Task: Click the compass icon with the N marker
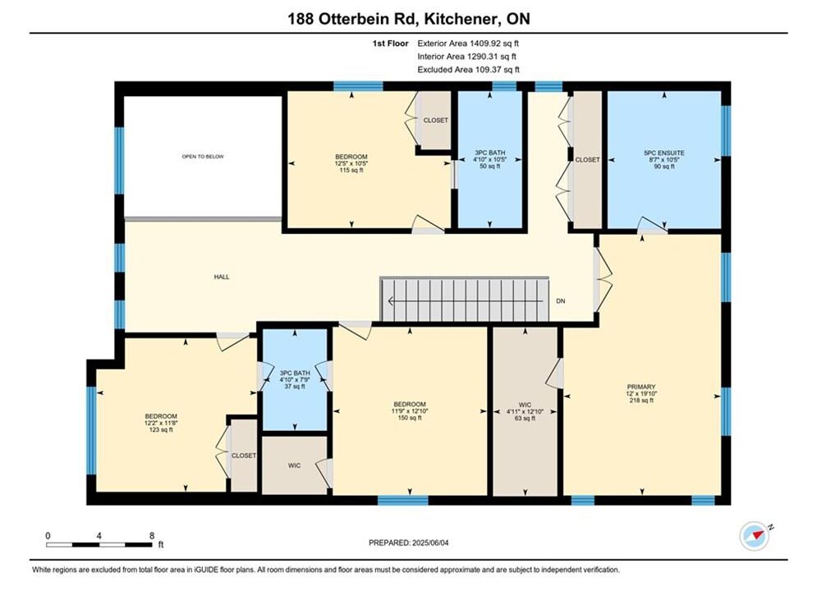(755, 536)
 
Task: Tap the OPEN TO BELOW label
(203, 156)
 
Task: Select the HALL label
(222, 277)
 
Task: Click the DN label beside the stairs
(561, 301)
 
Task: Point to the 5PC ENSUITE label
(664, 153)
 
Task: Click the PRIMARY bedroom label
(641, 387)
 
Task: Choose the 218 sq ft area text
(641, 401)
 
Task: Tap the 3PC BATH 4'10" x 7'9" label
(295, 379)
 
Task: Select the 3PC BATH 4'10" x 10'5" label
(489, 159)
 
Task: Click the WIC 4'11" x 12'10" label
(526, 411)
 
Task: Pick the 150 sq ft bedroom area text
(410, 418)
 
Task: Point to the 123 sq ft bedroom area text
(161, 429)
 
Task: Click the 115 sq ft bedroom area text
(351, 170)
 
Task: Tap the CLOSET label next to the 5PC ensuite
(587, 160)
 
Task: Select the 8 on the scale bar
(152, 535)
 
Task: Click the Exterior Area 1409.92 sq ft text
(468, 44)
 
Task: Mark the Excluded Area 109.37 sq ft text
(468, 70)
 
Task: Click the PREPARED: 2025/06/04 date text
(409, 543)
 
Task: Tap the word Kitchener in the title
(458, 19)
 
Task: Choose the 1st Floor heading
(390, 44)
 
